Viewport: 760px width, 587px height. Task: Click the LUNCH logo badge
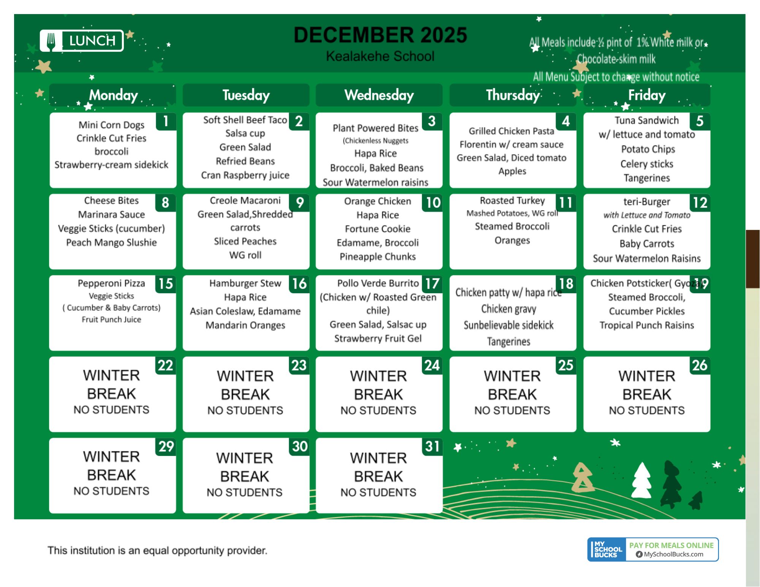click(x=82, y=41)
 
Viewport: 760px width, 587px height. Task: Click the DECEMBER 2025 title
click(x=380, y=35)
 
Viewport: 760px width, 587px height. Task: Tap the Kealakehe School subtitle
click(x=380, y=56)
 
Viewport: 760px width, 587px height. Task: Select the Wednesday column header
click(x=379, y=95)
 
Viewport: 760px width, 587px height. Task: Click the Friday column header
click(x=647, y=95)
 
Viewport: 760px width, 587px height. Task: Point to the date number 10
click(x=433, y=203)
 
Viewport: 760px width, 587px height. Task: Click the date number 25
click(x=566, y=365)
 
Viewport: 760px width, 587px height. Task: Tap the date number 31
click(x=432, y=446)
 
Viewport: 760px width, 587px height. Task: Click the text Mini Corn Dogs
click(x=111, y=125)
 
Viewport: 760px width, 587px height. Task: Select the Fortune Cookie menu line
click(x=378, y=229)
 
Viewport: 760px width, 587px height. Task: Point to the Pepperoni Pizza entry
click(x=111, y=283)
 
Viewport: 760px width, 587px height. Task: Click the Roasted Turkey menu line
click(x=512, y=200)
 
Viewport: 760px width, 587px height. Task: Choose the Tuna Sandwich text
click(x=647, y=120)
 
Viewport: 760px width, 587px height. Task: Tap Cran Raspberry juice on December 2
click(x=245, y=175)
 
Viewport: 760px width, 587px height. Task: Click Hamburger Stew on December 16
click(x=245, y=283)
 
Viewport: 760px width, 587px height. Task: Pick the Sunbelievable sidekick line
click(x=508, y=325)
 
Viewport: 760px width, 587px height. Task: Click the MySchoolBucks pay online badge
click(x=653, y=549)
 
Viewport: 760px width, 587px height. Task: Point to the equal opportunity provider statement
click(x=157, y=551)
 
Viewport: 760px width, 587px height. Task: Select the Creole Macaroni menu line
click(x=245, y=200)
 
